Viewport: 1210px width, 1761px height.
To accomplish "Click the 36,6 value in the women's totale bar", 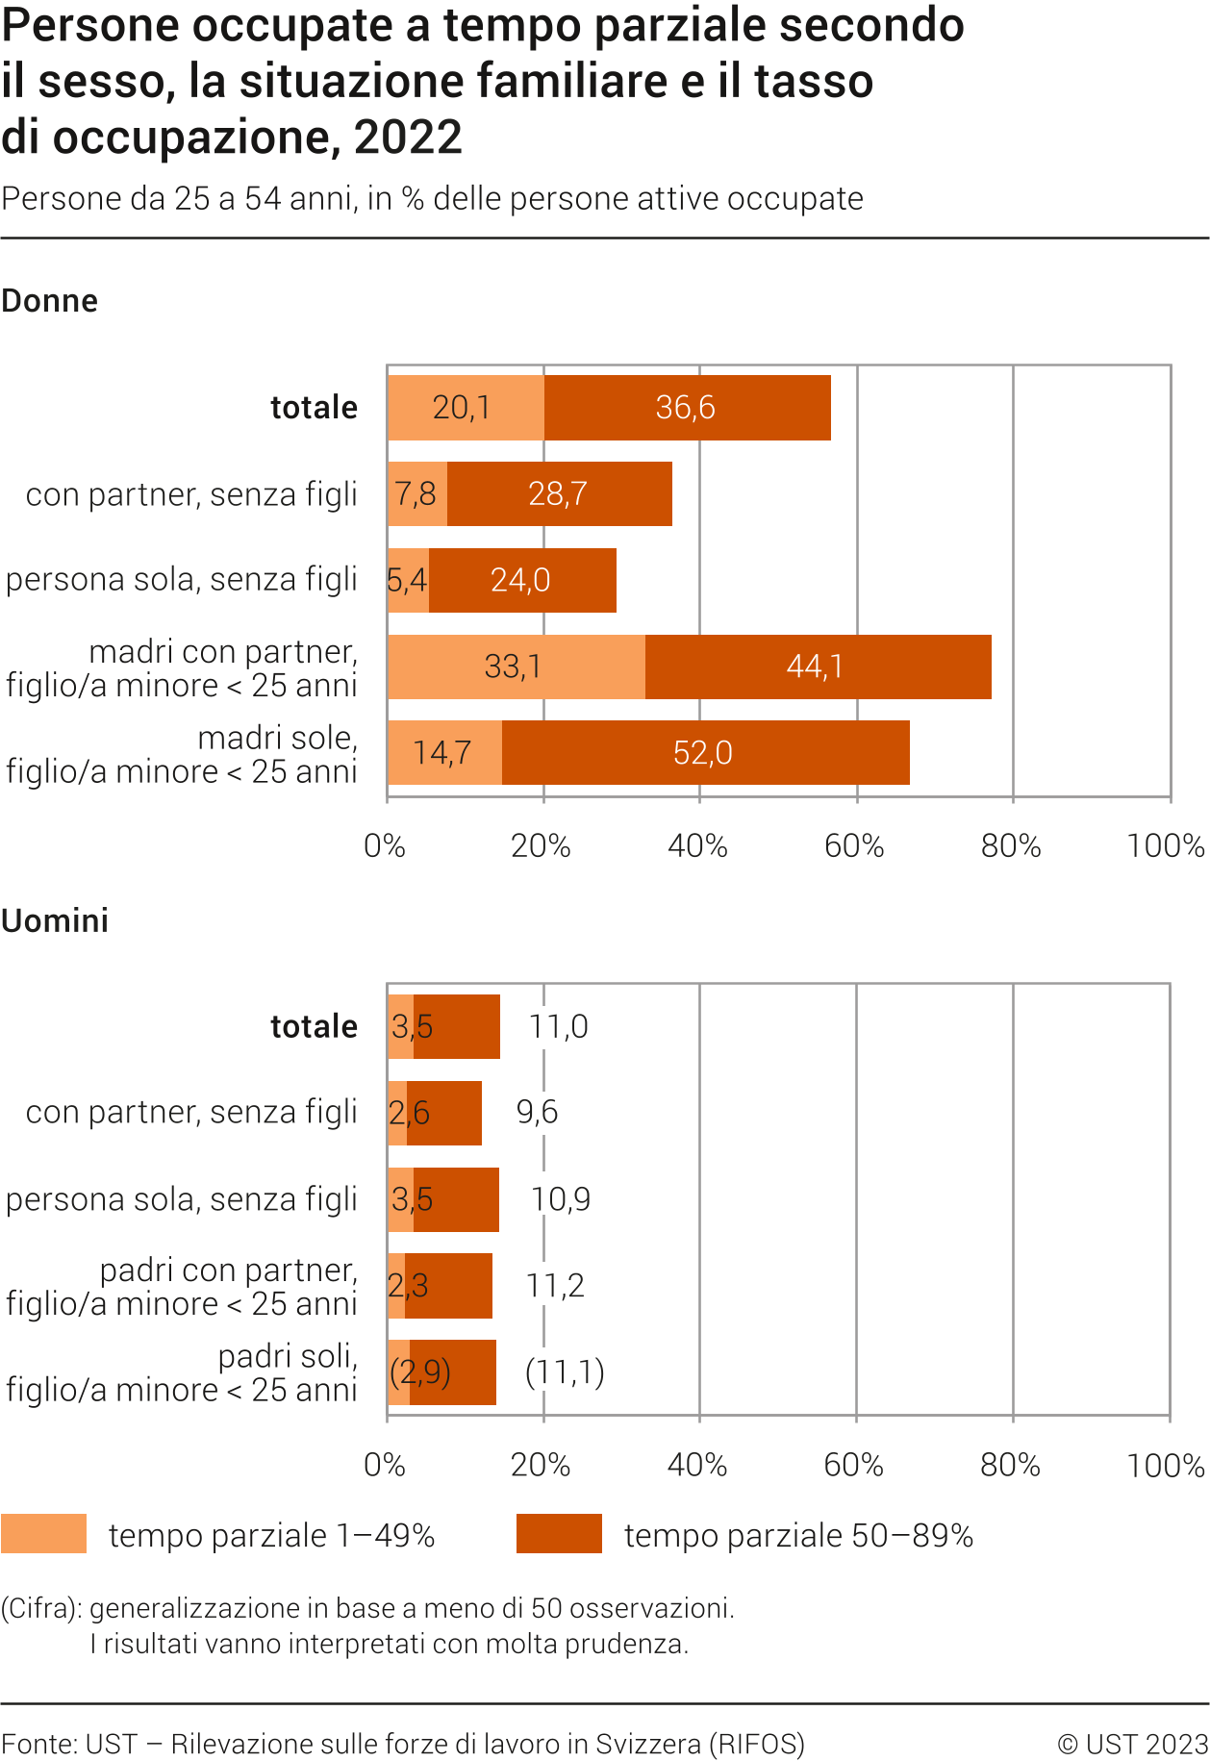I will (x=686, y=408).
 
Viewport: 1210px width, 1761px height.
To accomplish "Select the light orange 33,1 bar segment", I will (x=516, y=667).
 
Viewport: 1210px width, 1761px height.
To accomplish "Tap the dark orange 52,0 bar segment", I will (x=705, y=753).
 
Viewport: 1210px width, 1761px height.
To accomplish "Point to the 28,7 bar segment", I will (x=559, y=494).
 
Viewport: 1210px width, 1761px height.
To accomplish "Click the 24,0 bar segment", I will (x=521, y=580).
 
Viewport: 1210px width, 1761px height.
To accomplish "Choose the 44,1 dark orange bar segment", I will (x=817, y=667).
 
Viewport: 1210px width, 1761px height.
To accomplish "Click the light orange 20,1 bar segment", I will (x=464, y=408).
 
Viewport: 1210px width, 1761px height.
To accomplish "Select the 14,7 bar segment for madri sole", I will (x=443, y=753).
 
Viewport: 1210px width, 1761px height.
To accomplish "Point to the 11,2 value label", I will (x=555, y=1286).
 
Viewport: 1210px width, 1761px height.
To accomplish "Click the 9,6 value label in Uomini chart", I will (x=537, y=1113).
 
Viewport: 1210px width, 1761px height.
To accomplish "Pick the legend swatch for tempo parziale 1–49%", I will (x=43, y=1534).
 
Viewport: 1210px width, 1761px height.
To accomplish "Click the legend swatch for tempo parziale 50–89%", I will (x=559, y=1534).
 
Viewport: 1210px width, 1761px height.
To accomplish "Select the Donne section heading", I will (x=50, y=301).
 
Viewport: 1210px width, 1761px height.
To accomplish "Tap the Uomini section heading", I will (x=55, y=921).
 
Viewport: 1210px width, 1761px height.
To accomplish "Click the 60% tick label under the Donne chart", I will (x=854, y=846).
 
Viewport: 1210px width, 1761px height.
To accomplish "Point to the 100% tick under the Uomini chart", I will (x=1166, y=1466).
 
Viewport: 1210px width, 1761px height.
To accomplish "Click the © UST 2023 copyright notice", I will (x=1132, y=1745).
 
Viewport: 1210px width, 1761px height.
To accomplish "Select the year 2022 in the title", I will (x=409, y=138).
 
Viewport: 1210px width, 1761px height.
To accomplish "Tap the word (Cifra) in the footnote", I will (x=41, y=1608).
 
